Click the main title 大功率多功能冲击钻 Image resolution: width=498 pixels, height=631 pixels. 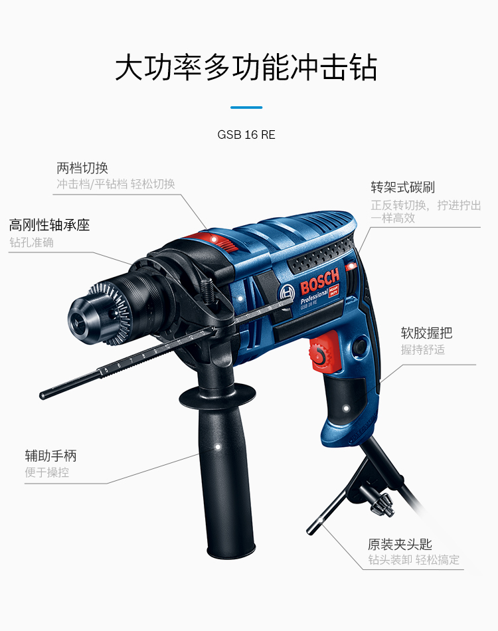[246, 68]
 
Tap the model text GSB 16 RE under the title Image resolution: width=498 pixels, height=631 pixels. [246, 135]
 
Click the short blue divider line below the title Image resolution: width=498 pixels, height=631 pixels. [246, 107]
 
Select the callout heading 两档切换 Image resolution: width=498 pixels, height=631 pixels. [82, 168]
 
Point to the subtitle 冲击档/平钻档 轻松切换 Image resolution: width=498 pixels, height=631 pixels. [116, 184]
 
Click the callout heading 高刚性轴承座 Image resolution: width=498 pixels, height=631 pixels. [50, 225]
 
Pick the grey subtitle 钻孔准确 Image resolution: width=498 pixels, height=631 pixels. [32, 242]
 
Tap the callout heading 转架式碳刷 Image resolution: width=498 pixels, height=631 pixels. [403, 187]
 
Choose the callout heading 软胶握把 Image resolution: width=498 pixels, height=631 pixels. [426, 333]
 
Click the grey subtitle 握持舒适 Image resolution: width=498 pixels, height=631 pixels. [423, 349]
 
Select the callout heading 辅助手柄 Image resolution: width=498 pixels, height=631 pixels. [50, 456]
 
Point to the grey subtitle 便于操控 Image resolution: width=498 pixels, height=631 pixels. [47, 473]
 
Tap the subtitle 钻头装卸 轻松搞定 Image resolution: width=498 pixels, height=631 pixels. [414, 560]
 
